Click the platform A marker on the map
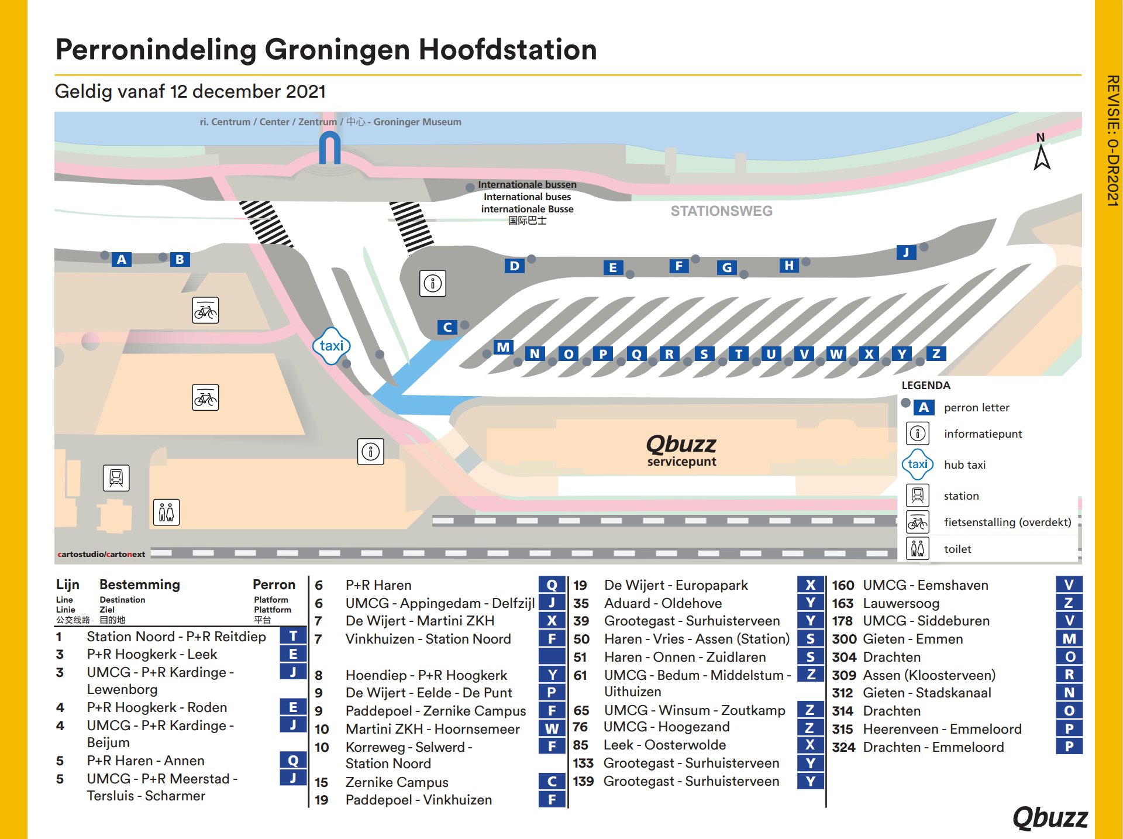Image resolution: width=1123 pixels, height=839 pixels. pos(121,259)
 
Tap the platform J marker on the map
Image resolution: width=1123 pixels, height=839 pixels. pos(906,252)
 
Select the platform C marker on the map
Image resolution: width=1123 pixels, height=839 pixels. pos(447,327)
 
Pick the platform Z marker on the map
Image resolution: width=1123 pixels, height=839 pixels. pos(936,353)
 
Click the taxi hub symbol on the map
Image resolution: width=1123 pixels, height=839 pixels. pos(331,346)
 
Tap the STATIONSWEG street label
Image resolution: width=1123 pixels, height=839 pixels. pos(721,211)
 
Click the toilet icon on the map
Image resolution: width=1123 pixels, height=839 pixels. pos(166,513)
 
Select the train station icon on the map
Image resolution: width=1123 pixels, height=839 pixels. pos(116,478)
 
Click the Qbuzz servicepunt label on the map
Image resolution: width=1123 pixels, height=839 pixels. pos(681,451)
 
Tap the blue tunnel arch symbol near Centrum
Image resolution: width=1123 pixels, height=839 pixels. pos(330,147)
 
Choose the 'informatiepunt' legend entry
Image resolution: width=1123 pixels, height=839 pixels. pos(983,434)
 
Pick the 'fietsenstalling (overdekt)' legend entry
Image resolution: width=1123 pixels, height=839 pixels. pos(1007,522)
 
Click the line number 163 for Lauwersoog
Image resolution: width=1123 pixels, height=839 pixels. pos(842,603)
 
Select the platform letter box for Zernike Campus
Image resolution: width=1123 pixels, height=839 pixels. pos(552,782)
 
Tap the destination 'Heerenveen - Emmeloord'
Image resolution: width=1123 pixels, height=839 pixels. pos(942,729)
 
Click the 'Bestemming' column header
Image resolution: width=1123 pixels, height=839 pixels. pos(140,584)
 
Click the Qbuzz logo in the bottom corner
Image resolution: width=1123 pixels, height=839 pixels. pos(1050,817)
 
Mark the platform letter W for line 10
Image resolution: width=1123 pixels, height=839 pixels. pos(552,729)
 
